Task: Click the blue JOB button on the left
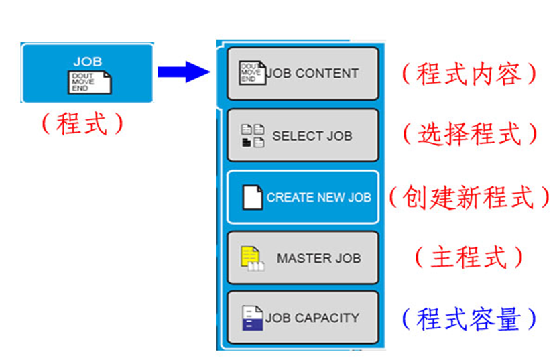(x=87, y=72)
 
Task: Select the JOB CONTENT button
(x=303, y=73)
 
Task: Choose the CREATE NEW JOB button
(x=303, y=198)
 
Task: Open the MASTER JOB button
(x=303, y=258)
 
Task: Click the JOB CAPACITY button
(x=303, y=318)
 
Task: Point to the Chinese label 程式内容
(x=469, y=74)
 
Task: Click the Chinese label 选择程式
(x=469, y=135)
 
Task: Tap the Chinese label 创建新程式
(x=469, y=197)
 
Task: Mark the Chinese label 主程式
(x=469, y=257)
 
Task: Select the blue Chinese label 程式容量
(x=469, y=319)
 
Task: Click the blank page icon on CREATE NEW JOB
(x=252, y=198)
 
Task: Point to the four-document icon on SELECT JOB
(x=253, y=135)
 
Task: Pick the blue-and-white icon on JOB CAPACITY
(x=252, y=318)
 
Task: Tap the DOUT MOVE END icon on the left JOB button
(x=87, y=82)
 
